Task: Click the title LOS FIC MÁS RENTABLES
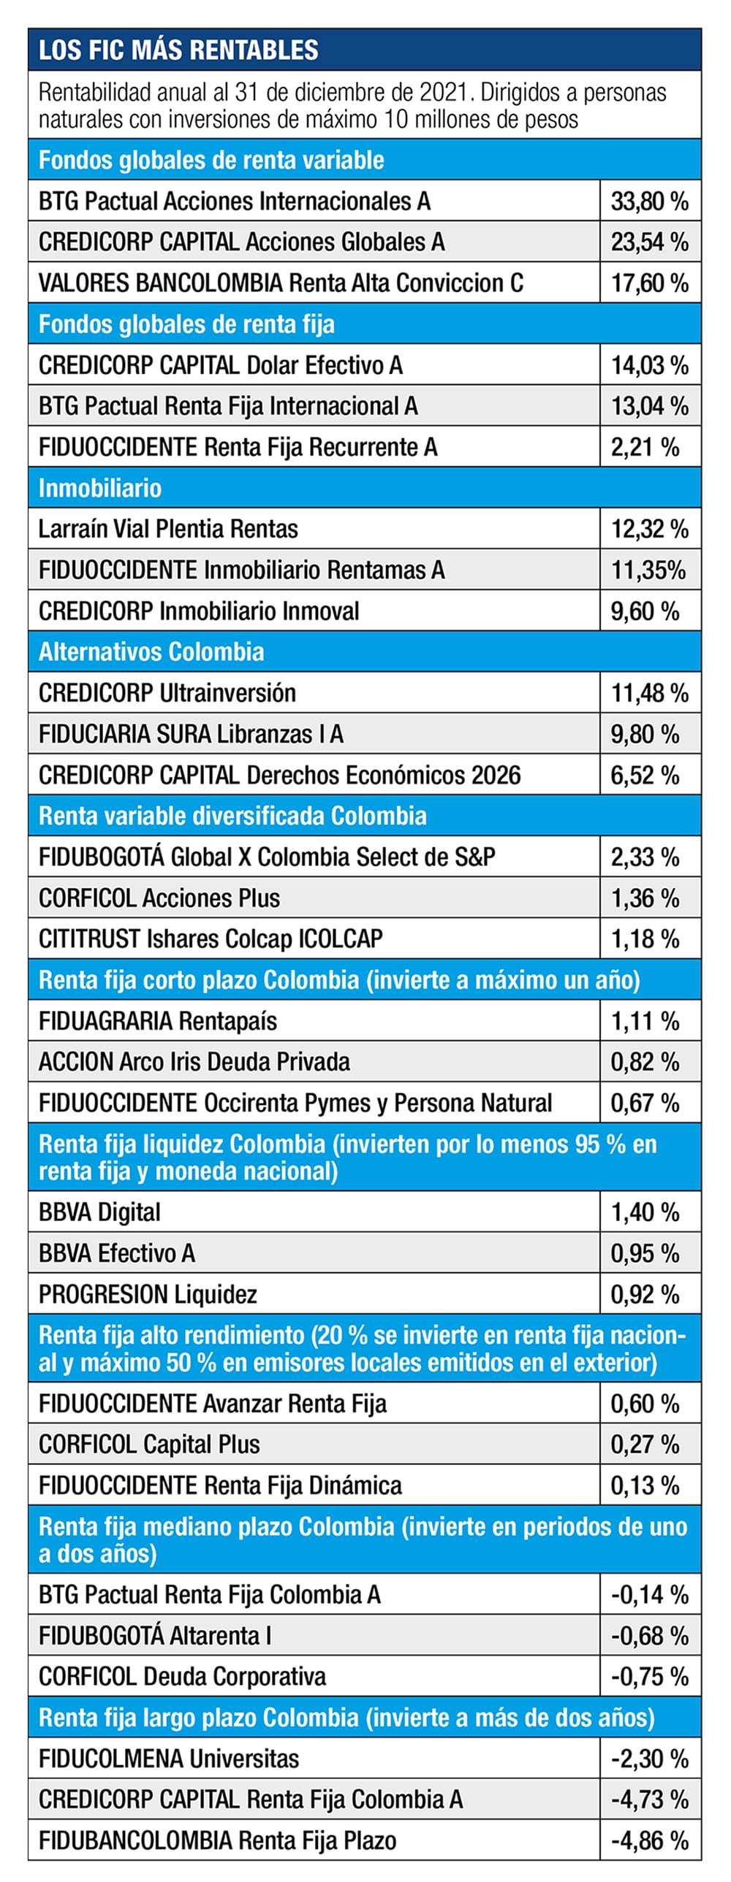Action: (x=178, y=50)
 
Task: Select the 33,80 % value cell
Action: (x=649, y=201)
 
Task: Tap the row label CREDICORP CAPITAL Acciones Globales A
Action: (x=241, y=242)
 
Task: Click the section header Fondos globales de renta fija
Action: (x=186, y=324)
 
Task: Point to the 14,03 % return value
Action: (x=649, y=365)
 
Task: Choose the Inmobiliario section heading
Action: (x=99, y=488)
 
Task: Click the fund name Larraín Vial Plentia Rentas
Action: (x=168, y=529)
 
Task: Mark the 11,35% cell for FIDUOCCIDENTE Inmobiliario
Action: (x=648, y=570)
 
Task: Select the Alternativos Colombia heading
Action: (x=151, y=651)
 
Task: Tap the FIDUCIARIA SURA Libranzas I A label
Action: (x=191, y=733)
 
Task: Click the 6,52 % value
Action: (x=645, y=775)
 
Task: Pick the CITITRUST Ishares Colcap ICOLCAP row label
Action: (x=211, y=938)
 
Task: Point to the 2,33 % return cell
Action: (x=645, y=857)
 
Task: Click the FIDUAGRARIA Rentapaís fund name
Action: (x=158, y=1021)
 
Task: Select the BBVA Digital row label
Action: (x=99, y=1212)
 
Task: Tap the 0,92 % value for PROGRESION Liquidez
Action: (x=645, y=1295)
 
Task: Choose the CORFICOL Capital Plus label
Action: (x=149, y=1445)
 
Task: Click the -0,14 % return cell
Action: (x=649, y=1594)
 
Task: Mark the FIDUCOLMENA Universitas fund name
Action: (x=169, y=1759)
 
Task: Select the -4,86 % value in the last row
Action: (x=649, y=1840)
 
